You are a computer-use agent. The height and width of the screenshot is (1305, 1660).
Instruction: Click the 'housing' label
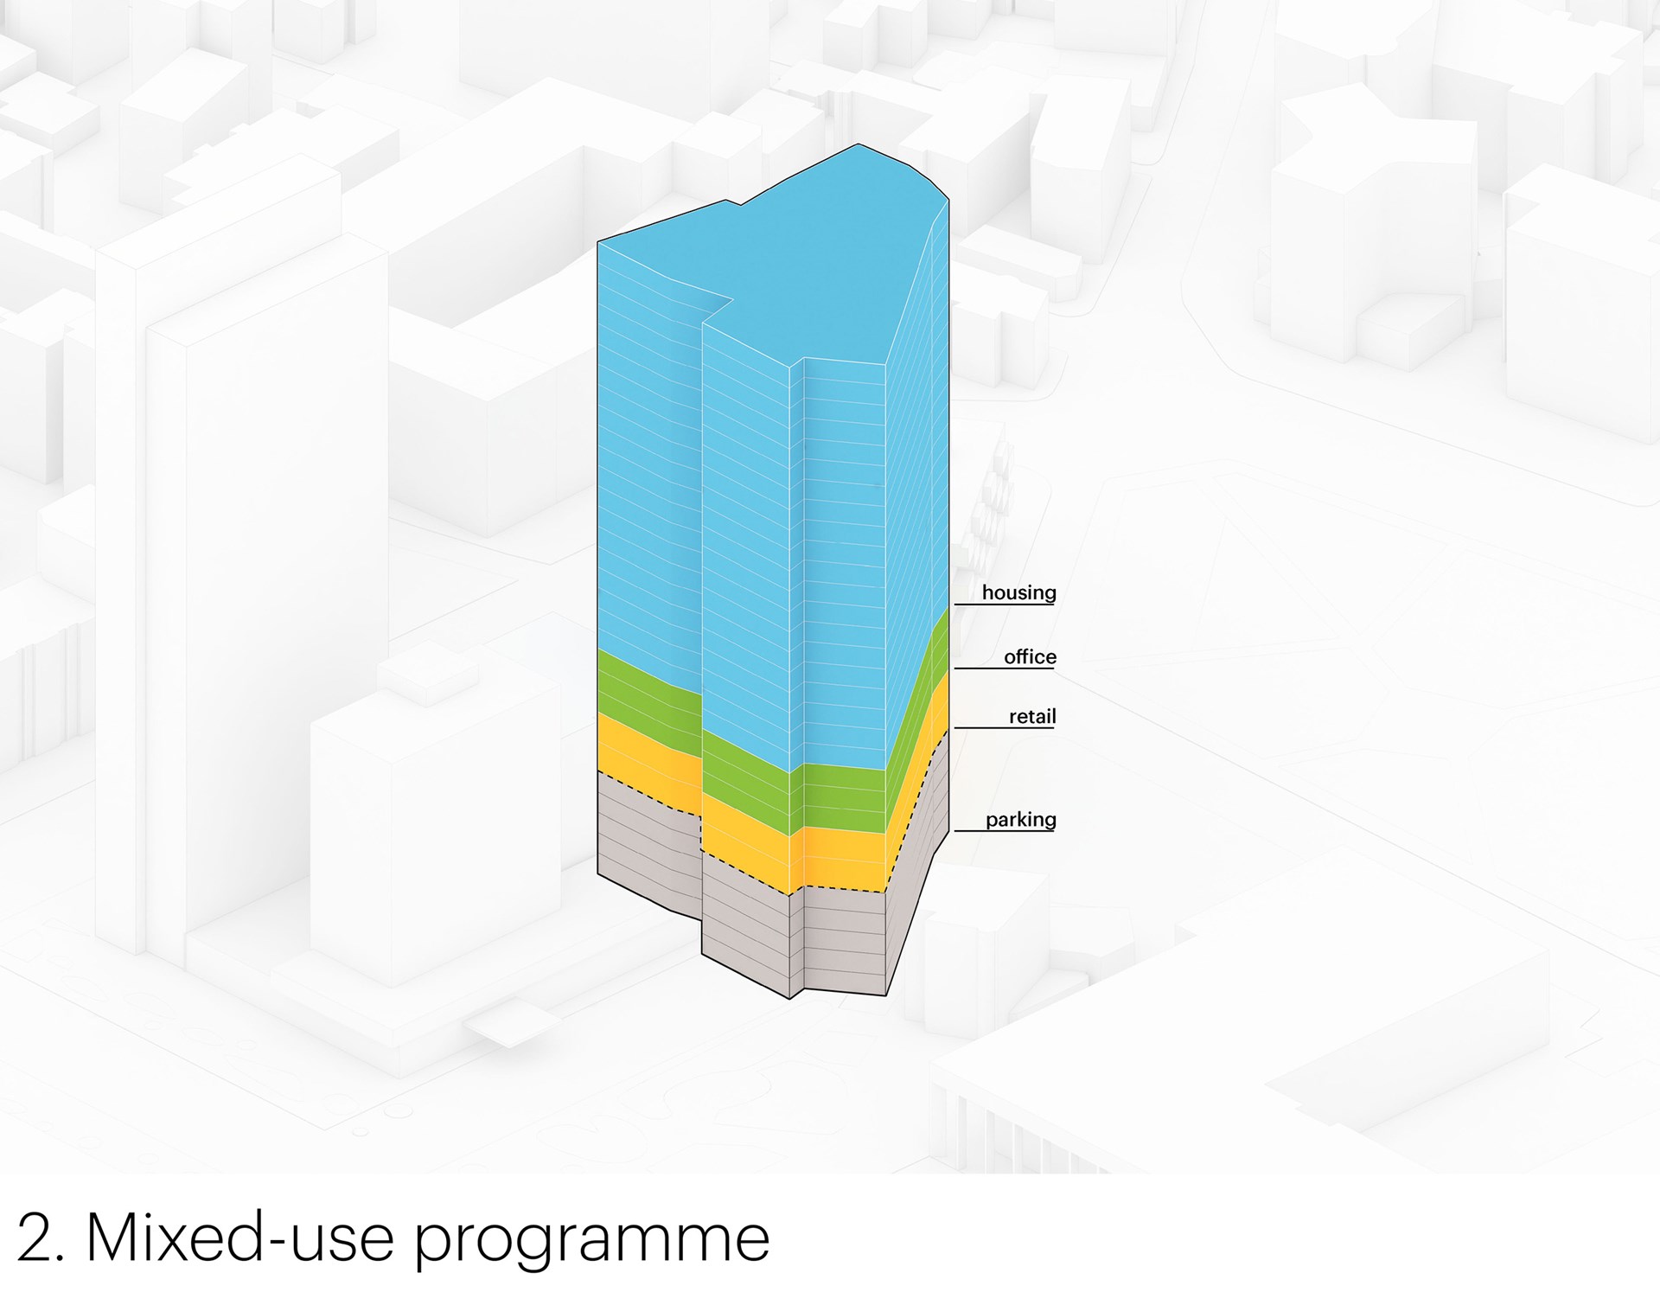coord(1018,593)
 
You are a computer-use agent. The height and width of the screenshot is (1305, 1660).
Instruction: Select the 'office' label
coord(1030,657)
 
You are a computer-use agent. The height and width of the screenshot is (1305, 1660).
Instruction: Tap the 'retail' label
coord(1032,717)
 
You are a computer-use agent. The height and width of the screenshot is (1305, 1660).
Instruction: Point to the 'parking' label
coord(1021,820)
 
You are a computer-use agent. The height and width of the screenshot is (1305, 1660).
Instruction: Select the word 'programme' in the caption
coord(591,1245)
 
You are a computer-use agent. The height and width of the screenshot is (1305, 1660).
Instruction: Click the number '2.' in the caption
coord(41,1238)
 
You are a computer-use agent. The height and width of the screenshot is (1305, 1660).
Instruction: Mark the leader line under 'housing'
coord(1005,604)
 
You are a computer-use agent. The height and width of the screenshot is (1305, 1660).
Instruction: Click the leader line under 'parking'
coord(1005,831)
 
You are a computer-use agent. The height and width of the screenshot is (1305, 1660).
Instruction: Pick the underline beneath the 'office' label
coord(1005,668)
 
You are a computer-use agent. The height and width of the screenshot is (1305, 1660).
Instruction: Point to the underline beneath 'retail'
coord(1005,728)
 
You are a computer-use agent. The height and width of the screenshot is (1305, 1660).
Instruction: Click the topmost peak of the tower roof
coord(858,144)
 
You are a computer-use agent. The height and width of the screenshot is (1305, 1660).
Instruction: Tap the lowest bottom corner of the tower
coord(790,999)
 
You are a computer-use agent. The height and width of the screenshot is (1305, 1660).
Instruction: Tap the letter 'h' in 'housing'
coord(988,592)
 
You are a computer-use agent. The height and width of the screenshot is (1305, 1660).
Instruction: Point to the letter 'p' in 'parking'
coord(992,822)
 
